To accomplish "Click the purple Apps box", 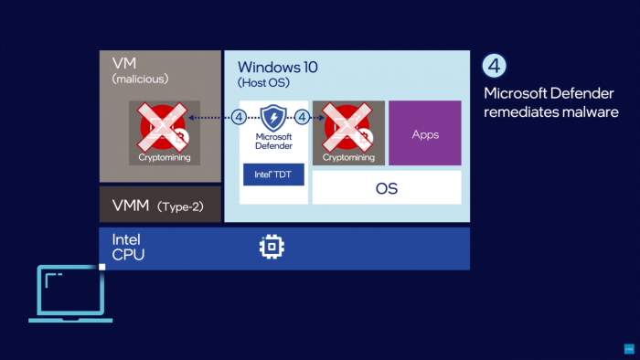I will point(425,133).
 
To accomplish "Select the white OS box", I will point(387,188).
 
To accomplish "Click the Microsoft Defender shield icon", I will point(273,118).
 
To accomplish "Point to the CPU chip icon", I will point(272,248).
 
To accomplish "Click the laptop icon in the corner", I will point(70,293).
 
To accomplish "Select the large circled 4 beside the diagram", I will point(494,67).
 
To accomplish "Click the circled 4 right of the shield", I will point(303,117).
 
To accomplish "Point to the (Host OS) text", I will point(262,83).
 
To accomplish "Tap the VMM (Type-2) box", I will point(160,206).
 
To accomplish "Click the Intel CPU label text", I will point(128,248).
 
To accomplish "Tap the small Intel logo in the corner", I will point(629,349).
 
